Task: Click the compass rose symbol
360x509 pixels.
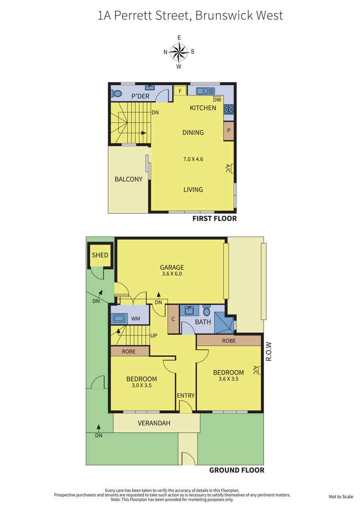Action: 179,52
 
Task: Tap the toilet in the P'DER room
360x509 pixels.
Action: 116,93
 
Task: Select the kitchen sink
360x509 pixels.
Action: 206,91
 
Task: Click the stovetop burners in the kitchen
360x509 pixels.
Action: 228,109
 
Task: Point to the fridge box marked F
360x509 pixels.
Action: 180,91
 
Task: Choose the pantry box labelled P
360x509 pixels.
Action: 229,131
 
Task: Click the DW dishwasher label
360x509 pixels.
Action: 217,100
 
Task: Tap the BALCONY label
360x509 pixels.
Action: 128,179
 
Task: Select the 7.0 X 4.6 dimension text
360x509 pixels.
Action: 193,159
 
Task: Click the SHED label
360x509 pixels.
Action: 100,255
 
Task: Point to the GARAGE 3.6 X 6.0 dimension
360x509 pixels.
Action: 172,274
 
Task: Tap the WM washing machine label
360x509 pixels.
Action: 136,319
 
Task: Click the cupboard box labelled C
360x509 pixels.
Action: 173,319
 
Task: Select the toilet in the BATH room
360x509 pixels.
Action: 206,311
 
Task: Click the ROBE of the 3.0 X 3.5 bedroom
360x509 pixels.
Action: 130,351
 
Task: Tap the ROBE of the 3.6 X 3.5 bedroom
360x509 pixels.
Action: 229,341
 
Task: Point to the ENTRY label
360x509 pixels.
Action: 186,396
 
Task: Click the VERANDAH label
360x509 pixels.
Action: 154,423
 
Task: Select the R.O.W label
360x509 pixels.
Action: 269,351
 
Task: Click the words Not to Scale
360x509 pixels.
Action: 341,497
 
